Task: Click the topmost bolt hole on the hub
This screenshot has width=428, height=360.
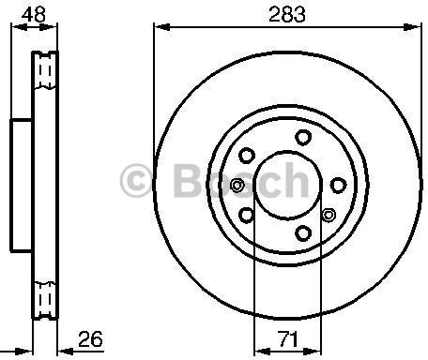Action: [x=302, y=138]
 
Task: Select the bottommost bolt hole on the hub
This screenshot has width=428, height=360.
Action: [x=302, y=232]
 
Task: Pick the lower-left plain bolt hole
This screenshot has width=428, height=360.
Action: [x=247, y=216]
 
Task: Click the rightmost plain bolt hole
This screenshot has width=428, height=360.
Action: [x=341, y=185]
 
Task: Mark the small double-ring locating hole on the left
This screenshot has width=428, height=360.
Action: [x=237, y=185]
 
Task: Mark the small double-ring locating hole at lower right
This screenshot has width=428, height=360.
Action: [x=328, y=216]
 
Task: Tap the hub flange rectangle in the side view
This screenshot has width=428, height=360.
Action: [x=22, y=185]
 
